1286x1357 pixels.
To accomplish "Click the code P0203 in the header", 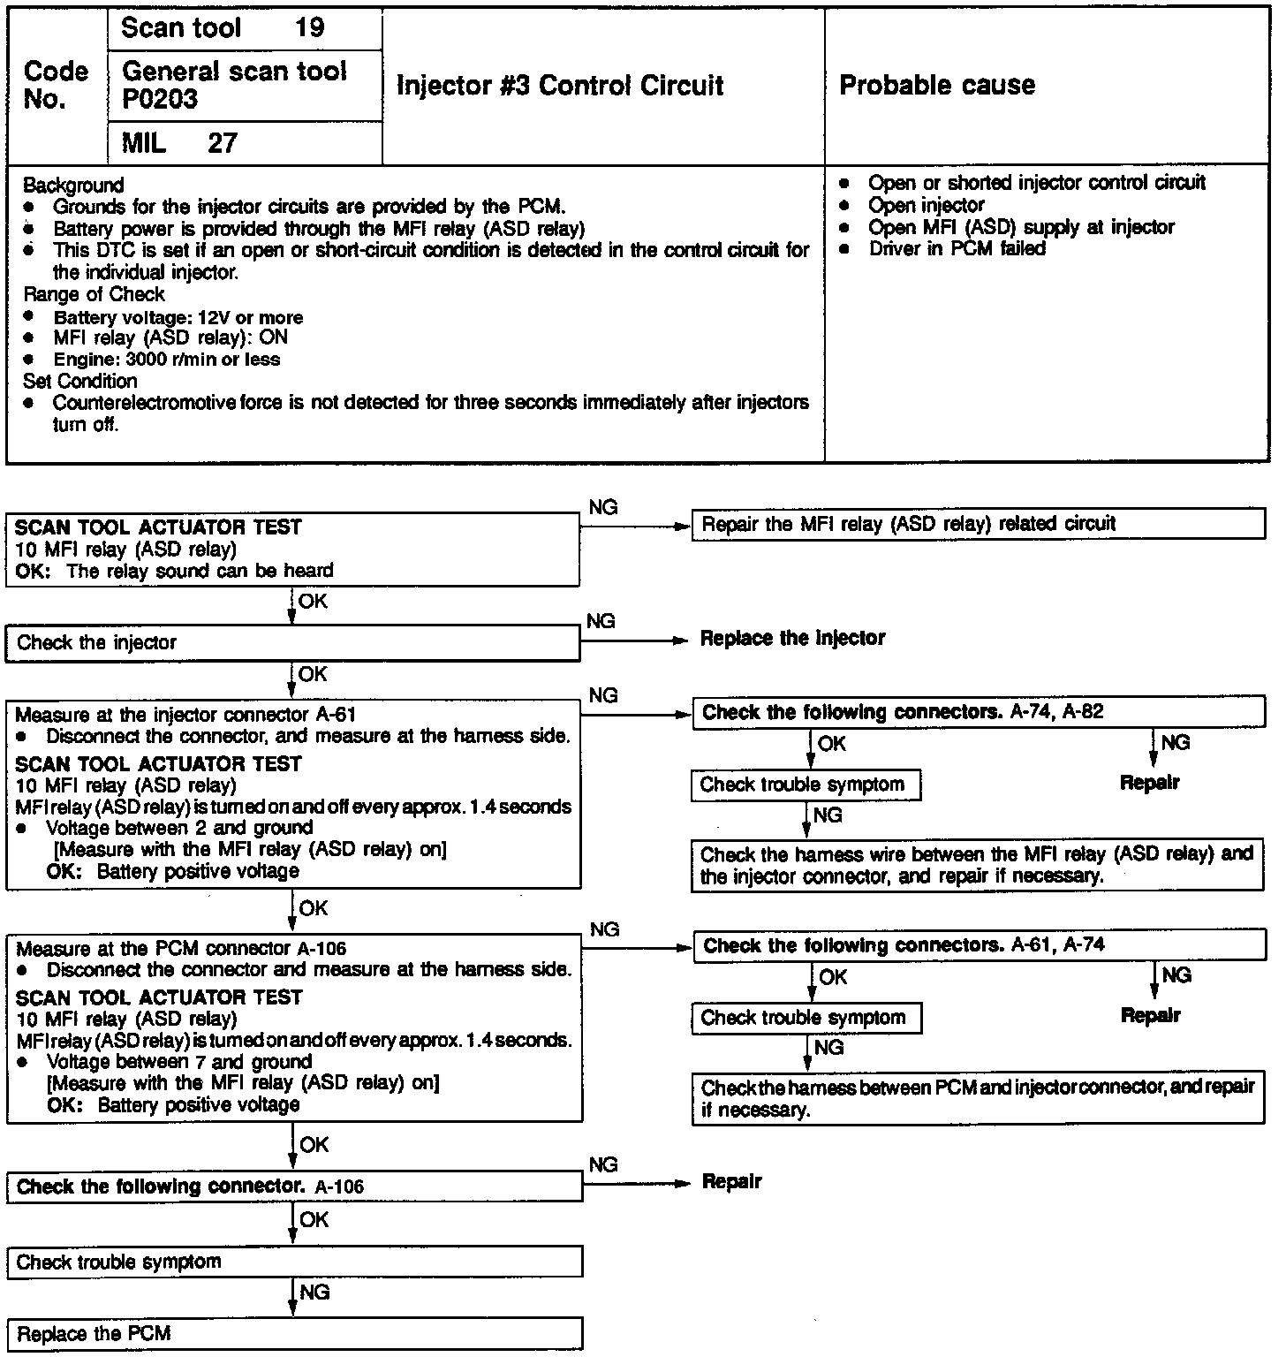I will [160, 99].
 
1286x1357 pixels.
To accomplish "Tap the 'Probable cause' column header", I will [936, 85].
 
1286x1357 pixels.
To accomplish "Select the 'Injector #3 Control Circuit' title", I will [560, 86].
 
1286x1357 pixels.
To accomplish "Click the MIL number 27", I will [223, 143].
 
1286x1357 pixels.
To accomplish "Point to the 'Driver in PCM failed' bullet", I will [957, 249].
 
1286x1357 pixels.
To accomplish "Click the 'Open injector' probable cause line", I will [926, 205].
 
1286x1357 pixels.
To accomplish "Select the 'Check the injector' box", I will [292, 643].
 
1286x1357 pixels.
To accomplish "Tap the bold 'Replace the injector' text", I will [792, 638].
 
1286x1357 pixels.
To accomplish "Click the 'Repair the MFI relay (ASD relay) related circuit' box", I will [978, 524].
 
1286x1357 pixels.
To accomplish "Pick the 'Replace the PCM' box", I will [295, 1333].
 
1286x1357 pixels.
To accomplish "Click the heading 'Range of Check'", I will [94, 294].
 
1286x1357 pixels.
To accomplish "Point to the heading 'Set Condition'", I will [80, 381].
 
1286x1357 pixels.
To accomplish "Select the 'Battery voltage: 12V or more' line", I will [178, 317].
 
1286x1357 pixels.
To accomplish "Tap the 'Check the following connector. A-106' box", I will [295, 1186].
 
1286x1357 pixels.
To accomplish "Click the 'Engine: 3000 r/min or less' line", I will [166, 360].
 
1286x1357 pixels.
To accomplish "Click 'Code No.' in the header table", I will [56, 85].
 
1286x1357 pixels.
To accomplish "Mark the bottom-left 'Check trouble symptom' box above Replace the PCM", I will [295, 1262].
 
